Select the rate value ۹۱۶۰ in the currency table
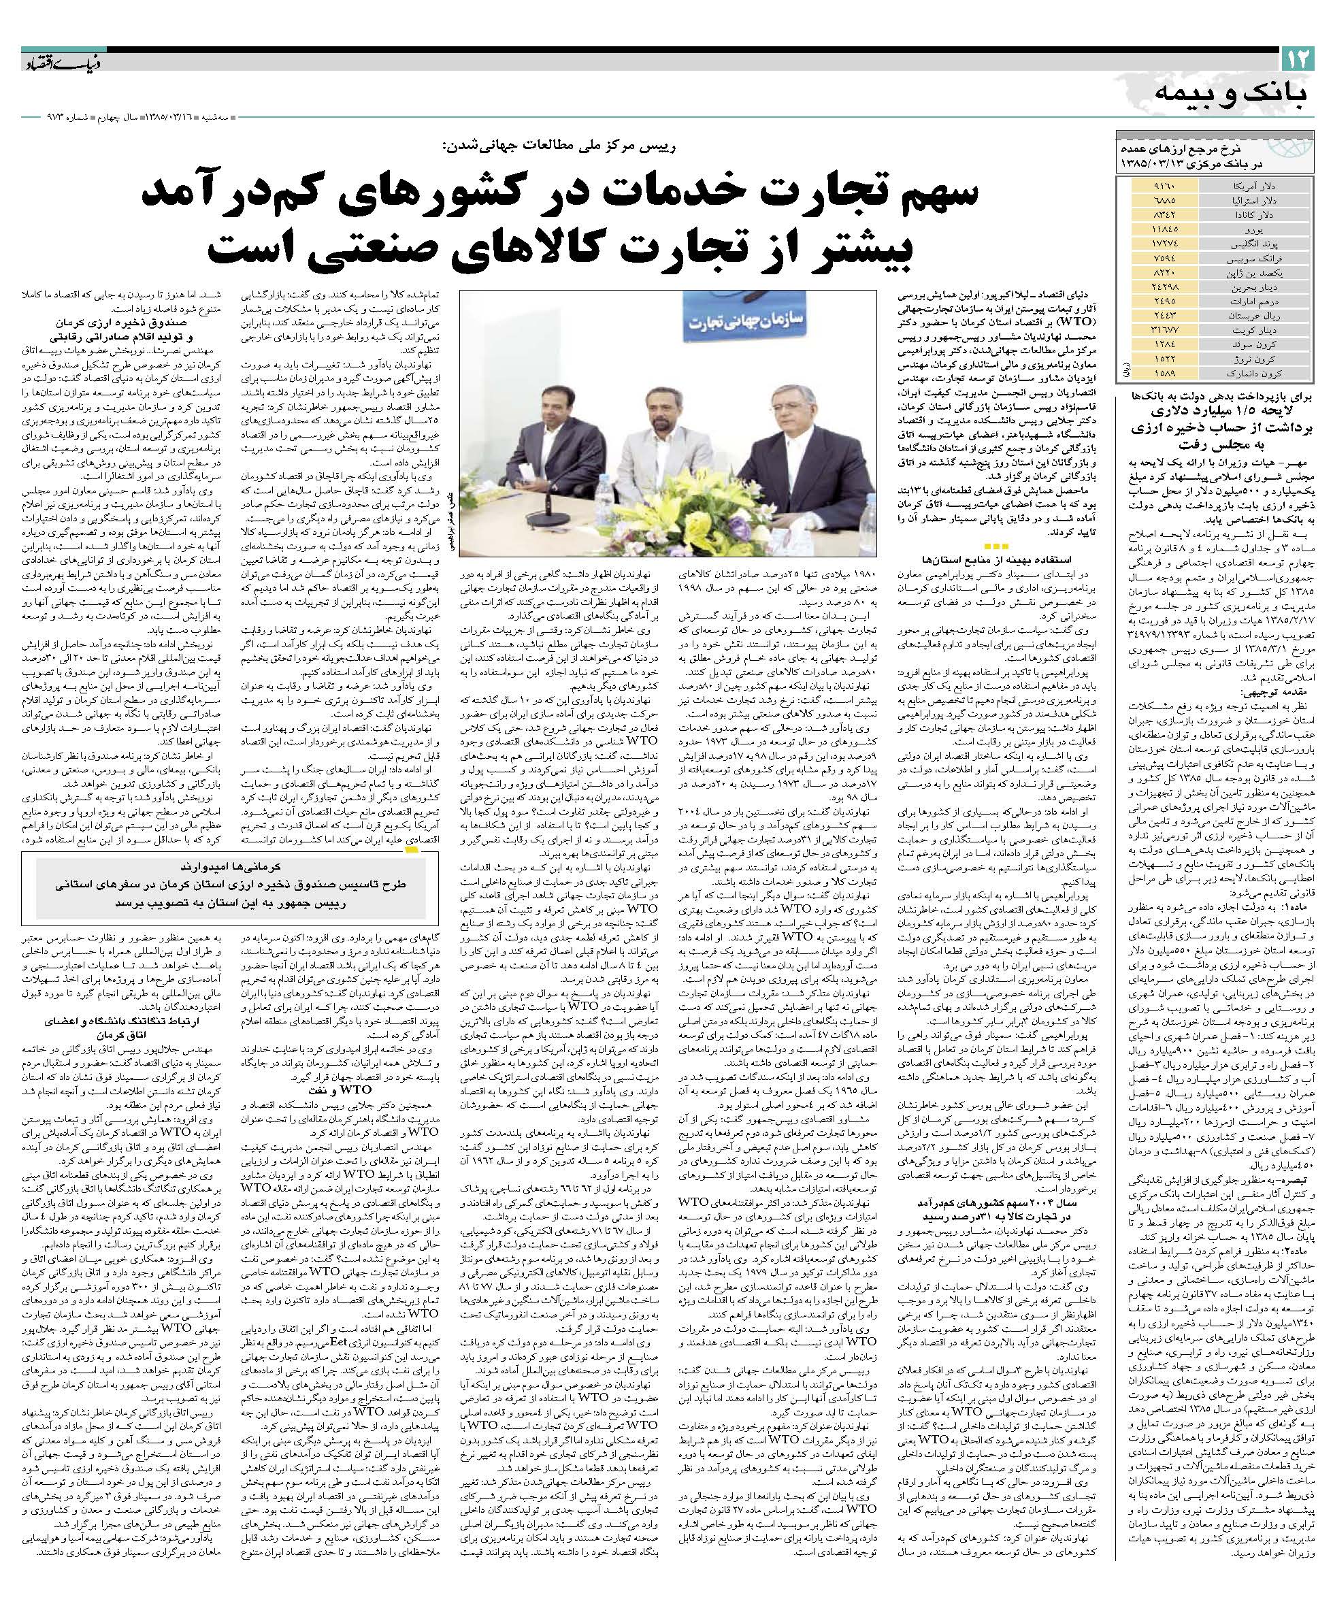1163,186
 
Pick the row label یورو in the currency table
1249,229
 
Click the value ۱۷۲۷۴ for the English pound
1163,243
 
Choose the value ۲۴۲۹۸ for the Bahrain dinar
1163,286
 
